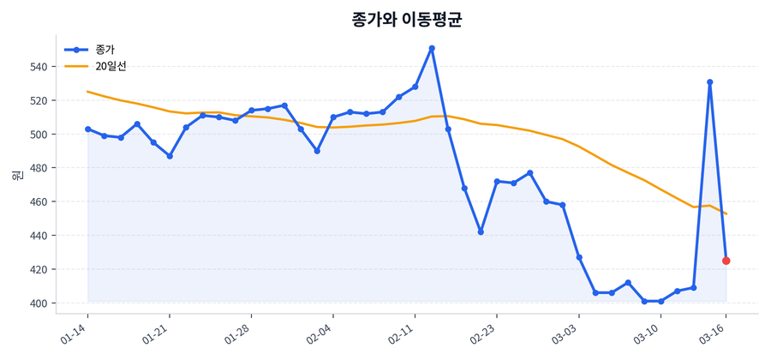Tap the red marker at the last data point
point(726,261)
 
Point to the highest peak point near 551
point(432,48)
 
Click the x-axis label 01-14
point(75,333)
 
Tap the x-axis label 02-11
point(403,333)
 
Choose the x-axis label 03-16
point(714,333)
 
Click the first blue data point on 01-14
point(87,129)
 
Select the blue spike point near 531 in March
point(710,82)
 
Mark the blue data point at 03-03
point(579,257)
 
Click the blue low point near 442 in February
point(481,232)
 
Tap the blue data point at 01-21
point(170,156)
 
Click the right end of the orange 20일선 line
point(726,213)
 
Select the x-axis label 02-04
point(320,333)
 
